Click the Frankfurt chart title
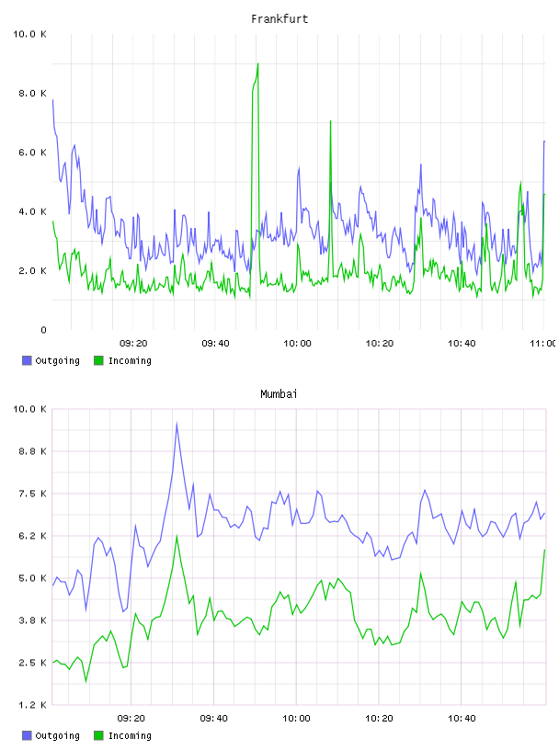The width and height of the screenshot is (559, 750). pyautogui.click(x=279, y=19)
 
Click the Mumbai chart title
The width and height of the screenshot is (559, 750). pyautogui.click(x=279, y=394)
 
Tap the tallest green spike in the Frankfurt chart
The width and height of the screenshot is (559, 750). pyautogui.click(x=258, y=63)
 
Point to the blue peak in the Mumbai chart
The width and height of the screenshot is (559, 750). pyautogui.click(x=177, y=424)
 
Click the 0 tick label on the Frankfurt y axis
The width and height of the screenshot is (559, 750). pyautogui.click(x=43, y=330)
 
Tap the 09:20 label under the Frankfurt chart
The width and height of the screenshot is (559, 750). pyautogui.click(x=133, y=344)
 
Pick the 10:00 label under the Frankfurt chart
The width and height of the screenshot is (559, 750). pyautogui.click(x=297, y=344)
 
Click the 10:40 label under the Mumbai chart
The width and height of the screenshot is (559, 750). pyautogui.click(x=462, y=719)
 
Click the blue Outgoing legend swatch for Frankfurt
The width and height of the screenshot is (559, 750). pyautogui.click(x=27, y=360)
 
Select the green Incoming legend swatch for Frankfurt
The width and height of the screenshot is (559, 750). pyautogui.click(x=98, y=360)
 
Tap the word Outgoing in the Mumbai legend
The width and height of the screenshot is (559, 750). pyautogui.click(x=57, y=735)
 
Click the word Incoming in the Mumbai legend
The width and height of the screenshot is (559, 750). pyautogui.click(x=130, y=735)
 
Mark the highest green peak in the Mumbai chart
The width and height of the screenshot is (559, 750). pyautogui.click(x=177, y=536)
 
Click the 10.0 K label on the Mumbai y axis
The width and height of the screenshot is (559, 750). pyautogui.click(x=29, y=409)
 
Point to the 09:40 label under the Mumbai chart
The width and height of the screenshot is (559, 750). pyautogui.click(x=214, y=719)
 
